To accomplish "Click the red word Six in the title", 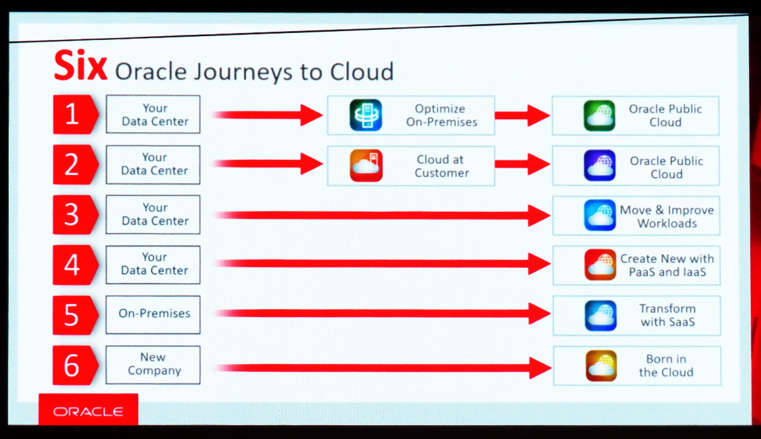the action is (81, 65).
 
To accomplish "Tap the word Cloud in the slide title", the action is (362, 72).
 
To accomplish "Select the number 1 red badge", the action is (75, 114).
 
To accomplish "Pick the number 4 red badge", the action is (75, 265).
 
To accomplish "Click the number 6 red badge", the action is (75, 365).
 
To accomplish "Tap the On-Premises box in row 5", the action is (153, 315).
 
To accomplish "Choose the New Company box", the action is (153, 365).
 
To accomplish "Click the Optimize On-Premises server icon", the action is (365, 115).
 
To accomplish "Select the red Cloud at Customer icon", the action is (366, 166).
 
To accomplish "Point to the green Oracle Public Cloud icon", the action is (599, 115).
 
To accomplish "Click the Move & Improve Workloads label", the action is (667, 216).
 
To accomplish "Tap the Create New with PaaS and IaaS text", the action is (667, 265).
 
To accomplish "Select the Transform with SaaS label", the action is (668, 315).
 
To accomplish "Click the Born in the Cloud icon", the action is (601, 365).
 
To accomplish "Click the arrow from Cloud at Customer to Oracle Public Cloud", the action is (522, 164).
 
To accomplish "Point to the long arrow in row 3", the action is (382, 215).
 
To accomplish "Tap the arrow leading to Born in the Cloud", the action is (383, 368).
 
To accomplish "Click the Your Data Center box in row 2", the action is (153, 165).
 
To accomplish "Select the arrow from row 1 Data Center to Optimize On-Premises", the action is (268, 115).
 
